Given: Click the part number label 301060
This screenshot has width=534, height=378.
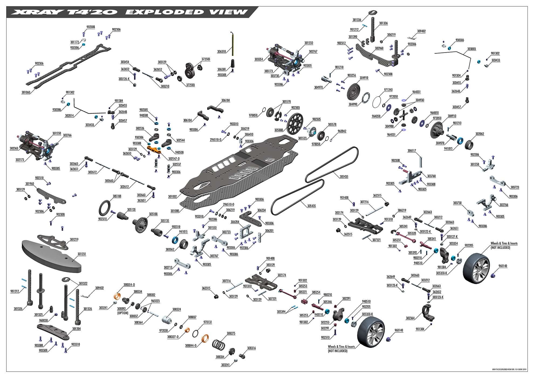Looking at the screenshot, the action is pos(26,92).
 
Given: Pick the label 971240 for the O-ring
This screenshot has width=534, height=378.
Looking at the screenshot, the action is pos(388,90).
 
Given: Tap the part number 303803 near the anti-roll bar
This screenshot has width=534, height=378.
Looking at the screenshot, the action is pos(471,49).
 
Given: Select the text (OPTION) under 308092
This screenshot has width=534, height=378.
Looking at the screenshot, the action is pos(123,313).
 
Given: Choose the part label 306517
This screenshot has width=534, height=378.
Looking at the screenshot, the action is pos(412,151).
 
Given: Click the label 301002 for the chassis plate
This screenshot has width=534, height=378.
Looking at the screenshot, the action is pos(173,197).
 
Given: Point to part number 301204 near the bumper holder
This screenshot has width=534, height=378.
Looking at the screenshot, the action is pos(77,329).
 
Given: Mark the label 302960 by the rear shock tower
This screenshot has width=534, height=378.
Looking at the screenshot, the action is pos(379,48).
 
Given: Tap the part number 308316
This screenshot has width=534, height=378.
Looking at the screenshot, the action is pos(251,348).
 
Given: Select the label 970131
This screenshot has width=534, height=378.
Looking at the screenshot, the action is pos(207,322).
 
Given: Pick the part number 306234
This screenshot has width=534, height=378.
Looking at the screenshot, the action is pos(261,210).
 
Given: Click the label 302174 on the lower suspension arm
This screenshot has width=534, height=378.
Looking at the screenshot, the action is pos(282,275).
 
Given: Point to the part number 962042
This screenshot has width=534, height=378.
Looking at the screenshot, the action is pos(342,131).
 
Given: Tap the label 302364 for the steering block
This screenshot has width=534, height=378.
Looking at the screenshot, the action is pos(410,318).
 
